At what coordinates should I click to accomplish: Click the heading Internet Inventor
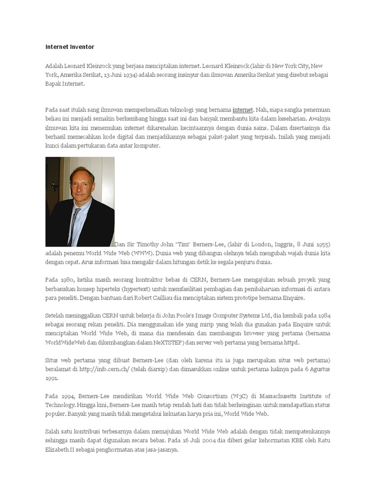coord(70,47)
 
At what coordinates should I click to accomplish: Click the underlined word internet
coord(242,110)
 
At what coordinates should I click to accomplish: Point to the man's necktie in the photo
coord(74,225)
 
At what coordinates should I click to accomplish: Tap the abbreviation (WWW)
coord(142,253)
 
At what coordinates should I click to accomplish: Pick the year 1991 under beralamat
coord(51,378)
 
